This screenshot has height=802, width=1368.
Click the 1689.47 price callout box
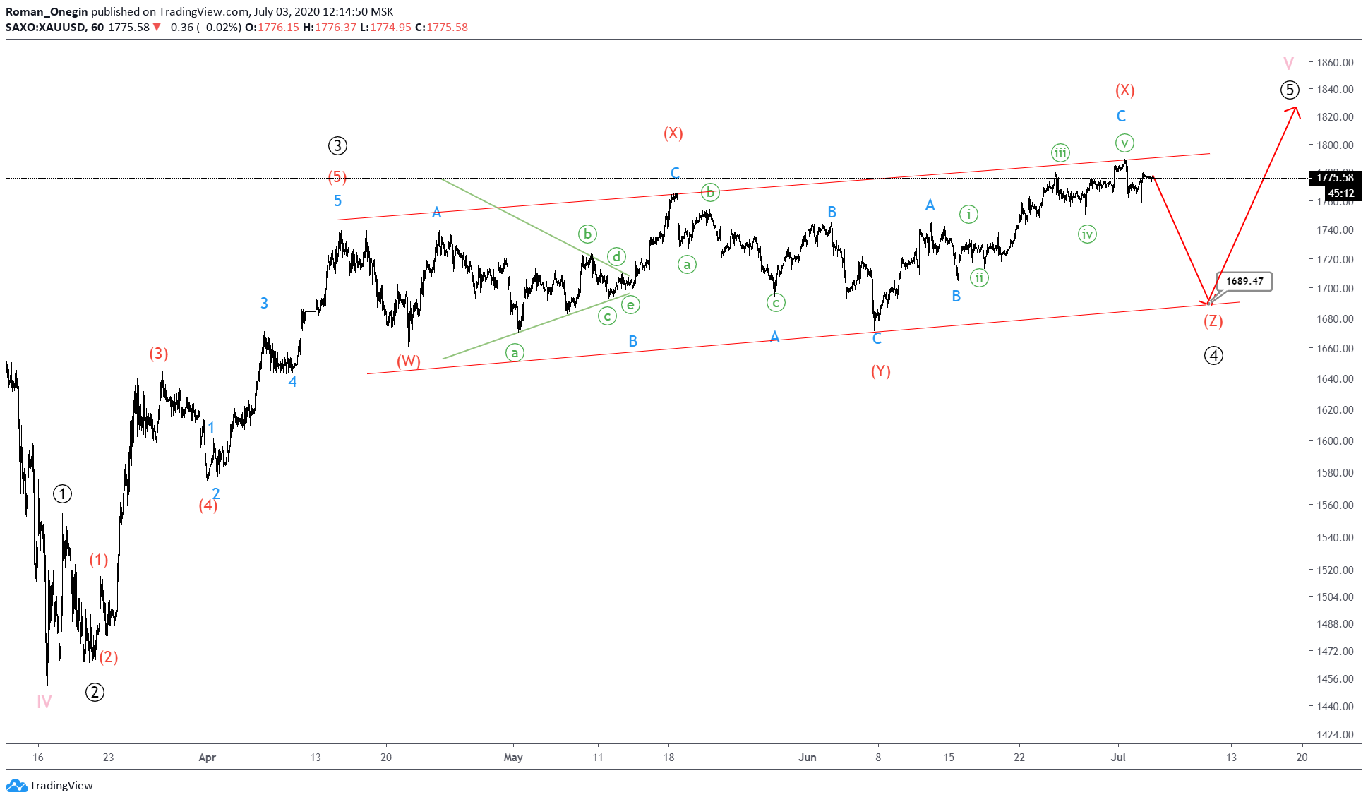tap(1244, 281)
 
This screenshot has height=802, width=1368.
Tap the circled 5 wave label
tap(1289, 90)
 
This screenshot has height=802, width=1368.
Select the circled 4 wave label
tap(1213, 355)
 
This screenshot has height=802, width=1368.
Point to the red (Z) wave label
tap(1213, 321)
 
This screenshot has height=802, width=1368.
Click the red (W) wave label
tap(408, 361)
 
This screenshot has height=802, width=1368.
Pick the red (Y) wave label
tap(880, 371)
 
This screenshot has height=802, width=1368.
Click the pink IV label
tap(44, 702)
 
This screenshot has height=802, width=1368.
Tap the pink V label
tap(1288, 64)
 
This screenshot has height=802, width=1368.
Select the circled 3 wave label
tap(337, 146)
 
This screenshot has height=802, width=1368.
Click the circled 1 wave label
tap(63, 494)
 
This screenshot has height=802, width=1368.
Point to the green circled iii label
tap(1060, 152)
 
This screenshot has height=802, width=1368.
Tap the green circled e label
tap(630, 305)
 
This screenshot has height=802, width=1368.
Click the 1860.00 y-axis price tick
tap(1335, 62)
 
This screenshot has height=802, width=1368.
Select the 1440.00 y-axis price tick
tap(1335, 706)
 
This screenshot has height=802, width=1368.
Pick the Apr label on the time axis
tap(207, 758)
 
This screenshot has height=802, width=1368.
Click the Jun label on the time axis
tap(807, 758)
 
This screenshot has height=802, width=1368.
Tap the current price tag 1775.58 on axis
tap(1335, 178)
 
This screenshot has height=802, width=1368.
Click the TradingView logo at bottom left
tap(49, 786)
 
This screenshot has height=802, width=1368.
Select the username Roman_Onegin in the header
tap(47, 11)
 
